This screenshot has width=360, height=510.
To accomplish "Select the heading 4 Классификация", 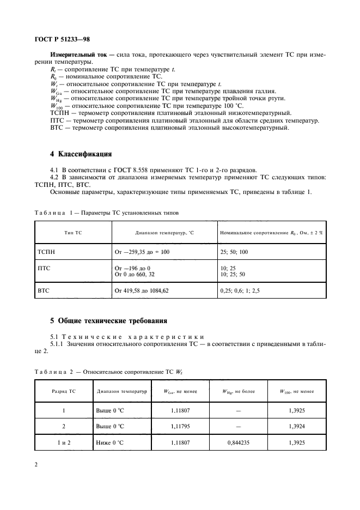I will point(74,153).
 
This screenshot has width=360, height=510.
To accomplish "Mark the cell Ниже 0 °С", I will point(110,443).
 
